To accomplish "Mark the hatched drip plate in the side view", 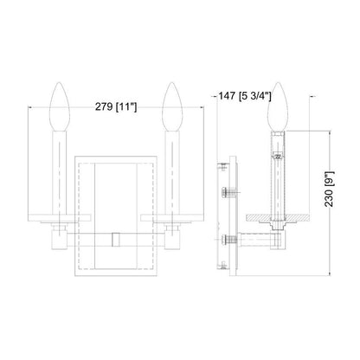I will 277,217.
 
